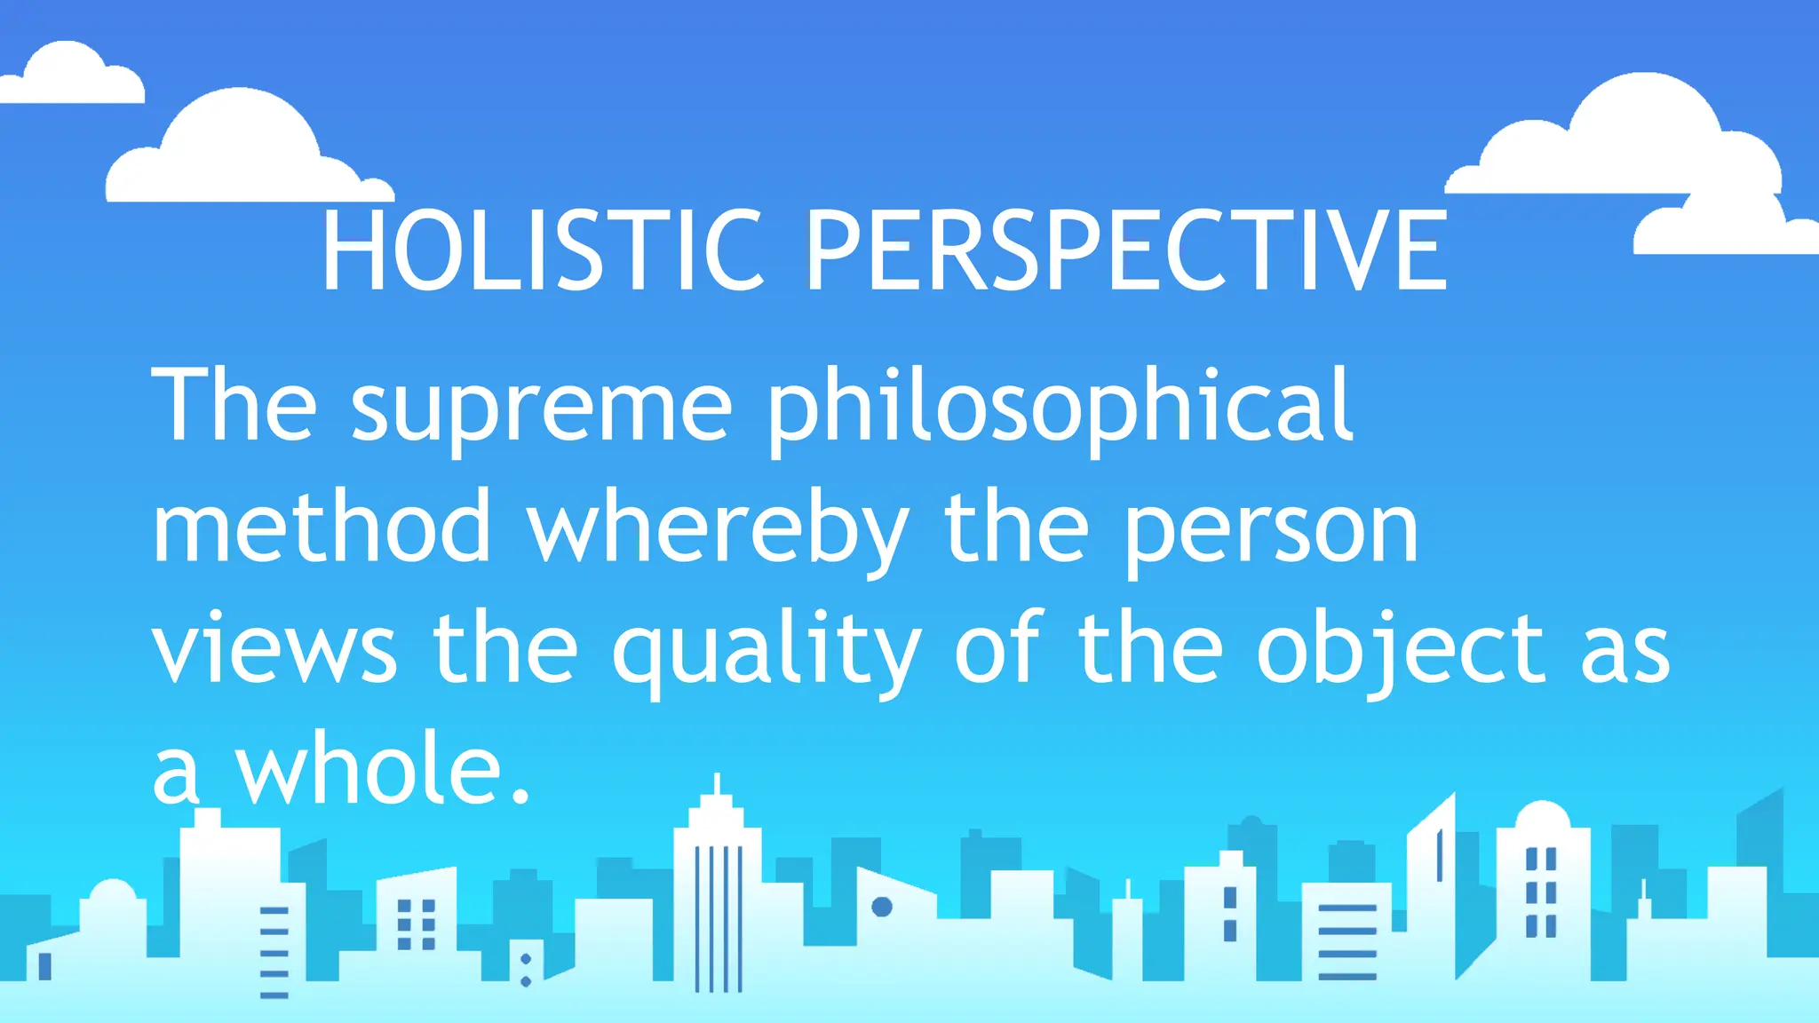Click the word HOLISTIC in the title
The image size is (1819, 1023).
point(542,250)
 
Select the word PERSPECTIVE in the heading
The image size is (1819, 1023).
point(1126,250)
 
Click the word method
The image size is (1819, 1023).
point(322,527)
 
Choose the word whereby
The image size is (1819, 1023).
point(718,527)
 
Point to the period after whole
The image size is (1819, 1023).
point(521,795)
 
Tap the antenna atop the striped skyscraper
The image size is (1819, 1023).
point(718,784)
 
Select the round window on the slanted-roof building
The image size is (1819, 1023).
point(882,907)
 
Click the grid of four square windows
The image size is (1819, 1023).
point(416,924)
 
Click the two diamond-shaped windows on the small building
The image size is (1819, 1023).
point(526,970)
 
